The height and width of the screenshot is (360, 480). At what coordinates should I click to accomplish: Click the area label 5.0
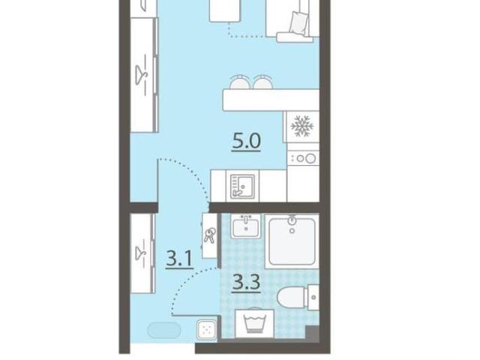[247, 142]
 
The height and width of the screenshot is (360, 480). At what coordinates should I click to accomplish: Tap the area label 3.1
[179, 259]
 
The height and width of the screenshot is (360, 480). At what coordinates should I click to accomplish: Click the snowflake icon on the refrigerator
[302, 125]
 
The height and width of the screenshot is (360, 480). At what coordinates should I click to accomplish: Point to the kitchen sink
[242, 186]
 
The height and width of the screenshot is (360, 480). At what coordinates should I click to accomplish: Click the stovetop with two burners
[303, 158]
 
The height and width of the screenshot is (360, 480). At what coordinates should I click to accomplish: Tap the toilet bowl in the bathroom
[292, 297]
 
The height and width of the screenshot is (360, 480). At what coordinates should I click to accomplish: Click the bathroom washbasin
[246, 226]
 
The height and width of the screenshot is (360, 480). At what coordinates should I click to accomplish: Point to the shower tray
[292, 241]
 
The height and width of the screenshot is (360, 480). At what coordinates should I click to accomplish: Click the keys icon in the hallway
[209, 235]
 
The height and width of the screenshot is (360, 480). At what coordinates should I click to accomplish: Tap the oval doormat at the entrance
[163, 330]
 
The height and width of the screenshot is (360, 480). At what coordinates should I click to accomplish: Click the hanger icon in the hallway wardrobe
[141, 252]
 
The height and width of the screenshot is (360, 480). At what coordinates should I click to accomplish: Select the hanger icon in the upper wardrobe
[141, 74]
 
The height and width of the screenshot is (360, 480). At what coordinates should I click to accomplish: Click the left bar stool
[240, 82]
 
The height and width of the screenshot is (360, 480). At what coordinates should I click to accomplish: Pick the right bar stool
[263, 82]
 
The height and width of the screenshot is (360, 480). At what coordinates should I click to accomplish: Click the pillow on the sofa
[298, 23]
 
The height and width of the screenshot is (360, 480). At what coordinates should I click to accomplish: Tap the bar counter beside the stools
[271, 100]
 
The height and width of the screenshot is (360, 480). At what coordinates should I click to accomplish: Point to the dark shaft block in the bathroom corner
[312, 333]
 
